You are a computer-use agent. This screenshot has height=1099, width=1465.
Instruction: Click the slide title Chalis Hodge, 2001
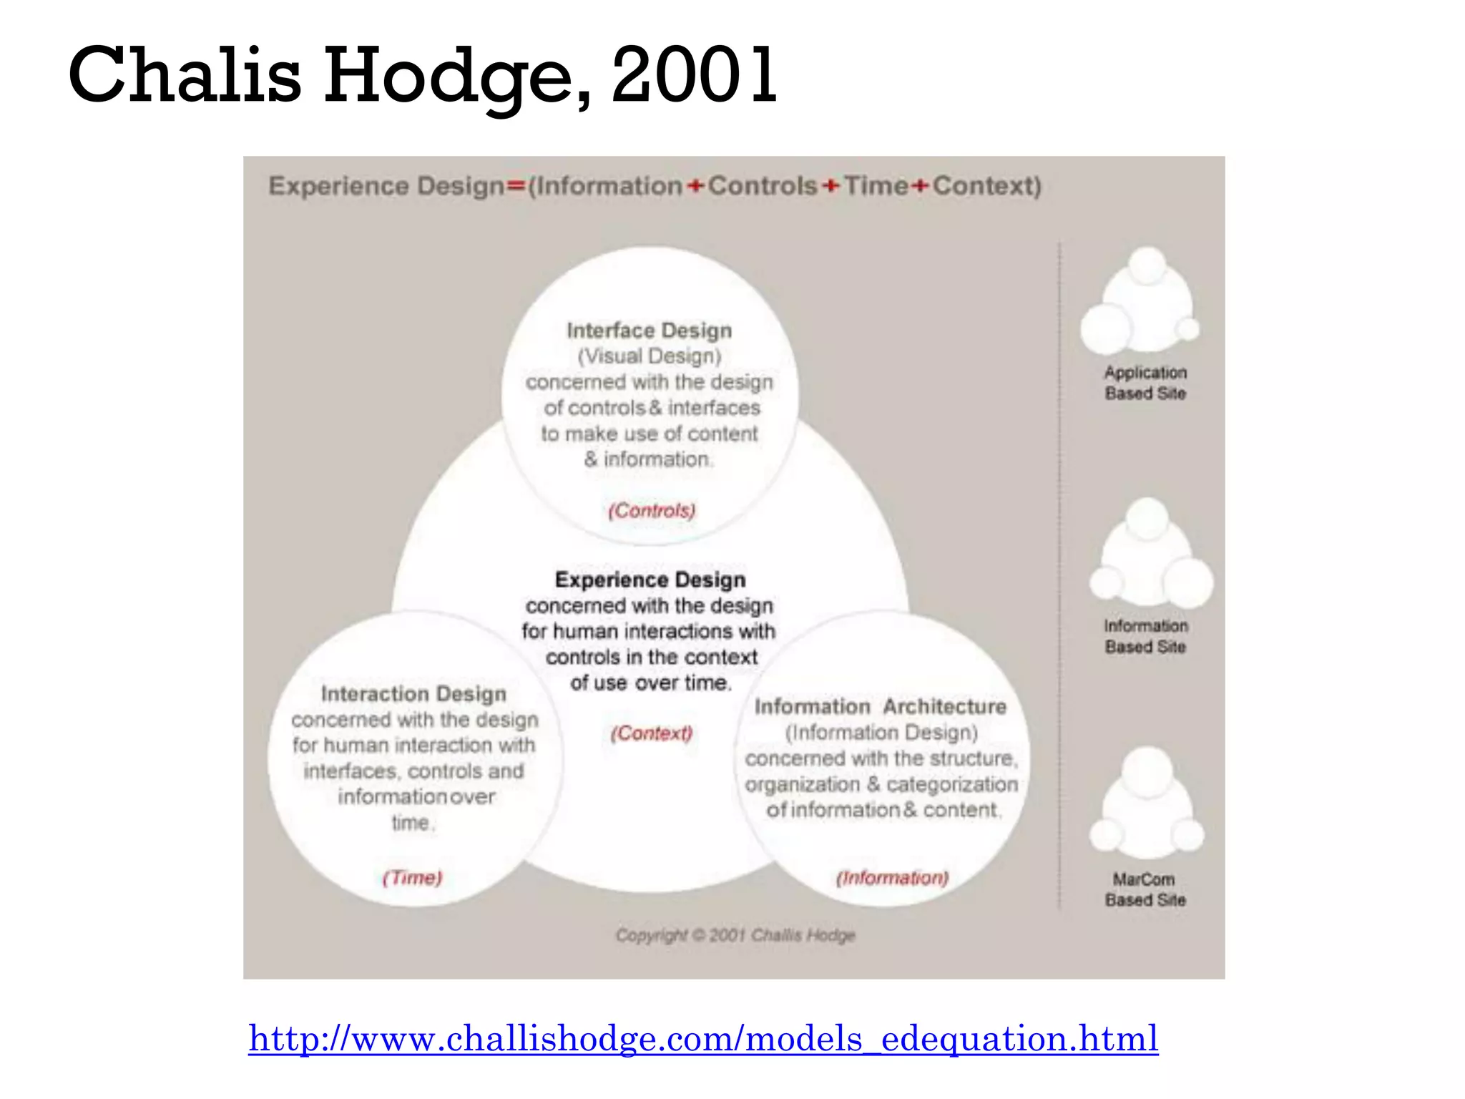tap(422, 75)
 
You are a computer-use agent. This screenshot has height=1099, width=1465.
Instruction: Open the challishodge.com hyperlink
tap(703, 1038)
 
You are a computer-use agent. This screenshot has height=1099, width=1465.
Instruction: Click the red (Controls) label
tap(652, 510)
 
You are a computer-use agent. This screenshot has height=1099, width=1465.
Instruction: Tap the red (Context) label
tap(651, 733)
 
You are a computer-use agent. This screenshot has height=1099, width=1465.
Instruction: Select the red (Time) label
tap(413, 877)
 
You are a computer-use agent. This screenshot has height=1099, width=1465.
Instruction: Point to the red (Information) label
tap(892, 877)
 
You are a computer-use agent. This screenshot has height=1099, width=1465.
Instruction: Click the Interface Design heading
tap(650, 331)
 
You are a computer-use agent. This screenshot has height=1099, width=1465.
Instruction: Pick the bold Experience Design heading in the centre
tap(650, 580)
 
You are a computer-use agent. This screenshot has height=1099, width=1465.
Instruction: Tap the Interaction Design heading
tap(413, 693)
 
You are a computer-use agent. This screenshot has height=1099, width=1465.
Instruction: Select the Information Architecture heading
tap(881, 706)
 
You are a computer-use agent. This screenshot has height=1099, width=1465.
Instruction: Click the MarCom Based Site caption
tap(1145, 889)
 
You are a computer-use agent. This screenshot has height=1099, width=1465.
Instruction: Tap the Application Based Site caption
tap(1145, 383)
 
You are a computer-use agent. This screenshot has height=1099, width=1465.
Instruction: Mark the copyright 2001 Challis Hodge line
tap(735, 935)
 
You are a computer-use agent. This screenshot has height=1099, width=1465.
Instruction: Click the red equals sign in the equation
tap(516, 187)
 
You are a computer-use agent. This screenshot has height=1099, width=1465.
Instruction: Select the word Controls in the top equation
tap(763, 186)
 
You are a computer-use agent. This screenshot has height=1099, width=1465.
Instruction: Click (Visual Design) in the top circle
tap(650, 356)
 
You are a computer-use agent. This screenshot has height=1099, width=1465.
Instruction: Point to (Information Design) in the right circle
tap(881, 733)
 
